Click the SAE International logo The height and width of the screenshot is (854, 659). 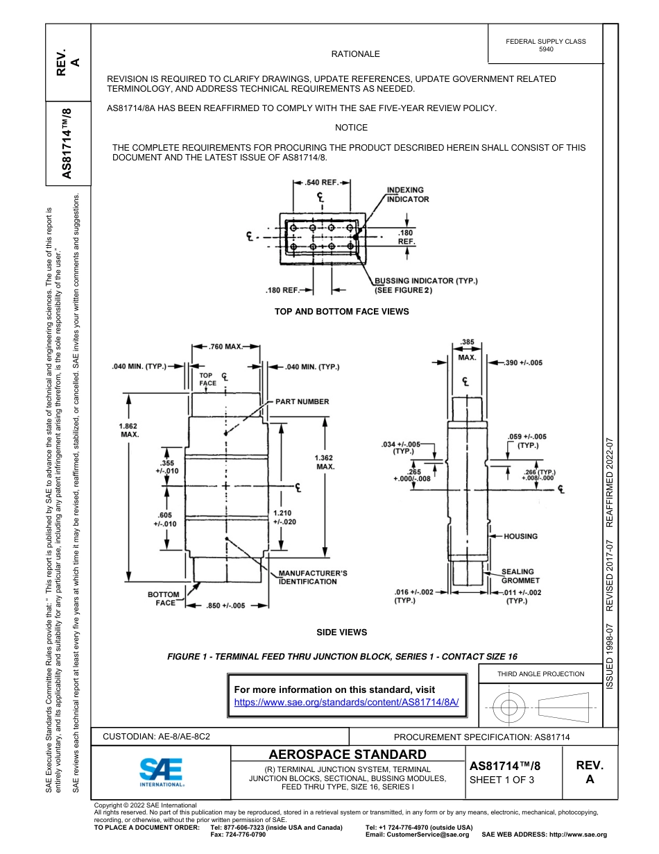162,771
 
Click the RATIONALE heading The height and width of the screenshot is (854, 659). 355,53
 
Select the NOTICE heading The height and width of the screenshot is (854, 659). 351,128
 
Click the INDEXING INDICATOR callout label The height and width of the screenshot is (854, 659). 407,194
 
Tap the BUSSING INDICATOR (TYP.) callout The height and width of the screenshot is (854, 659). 426,285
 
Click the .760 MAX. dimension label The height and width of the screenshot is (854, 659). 225,346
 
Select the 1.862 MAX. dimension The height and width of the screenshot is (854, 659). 130,430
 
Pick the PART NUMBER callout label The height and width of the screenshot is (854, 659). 302,401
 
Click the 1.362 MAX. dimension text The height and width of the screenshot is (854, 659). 325,462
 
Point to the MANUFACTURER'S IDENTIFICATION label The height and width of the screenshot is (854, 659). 312,577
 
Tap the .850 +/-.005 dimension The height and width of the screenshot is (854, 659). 226,605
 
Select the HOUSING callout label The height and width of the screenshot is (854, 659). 520,536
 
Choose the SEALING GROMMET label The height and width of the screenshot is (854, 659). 520,576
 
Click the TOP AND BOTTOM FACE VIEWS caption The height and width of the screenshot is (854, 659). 341,312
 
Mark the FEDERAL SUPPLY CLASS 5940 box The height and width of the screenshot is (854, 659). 546,45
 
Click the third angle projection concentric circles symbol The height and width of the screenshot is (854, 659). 509,708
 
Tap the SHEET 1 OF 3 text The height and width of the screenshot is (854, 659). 502,780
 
